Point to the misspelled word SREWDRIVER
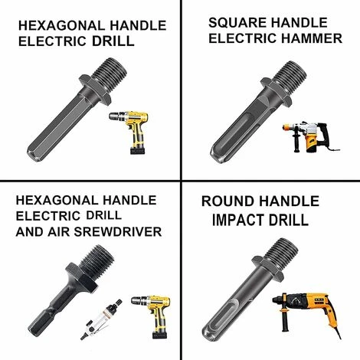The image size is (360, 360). pyautogui.click(x=118, y=232)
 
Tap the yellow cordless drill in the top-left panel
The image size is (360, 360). pyautogui.click(x=130, y=132)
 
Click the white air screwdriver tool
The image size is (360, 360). pyautogui.click(x=101, y=319)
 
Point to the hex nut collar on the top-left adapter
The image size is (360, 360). pyautogui.click(x=95, y=90)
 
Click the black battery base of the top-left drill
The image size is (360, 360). pyautogui.click(x=138, y=150)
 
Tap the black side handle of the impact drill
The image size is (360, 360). pyautogui.click(x=284, y=319)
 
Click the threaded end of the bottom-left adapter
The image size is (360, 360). pyautogui.click(x=97, y=260)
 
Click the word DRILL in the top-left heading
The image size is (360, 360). pyautogui.click(x=113, y=41)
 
